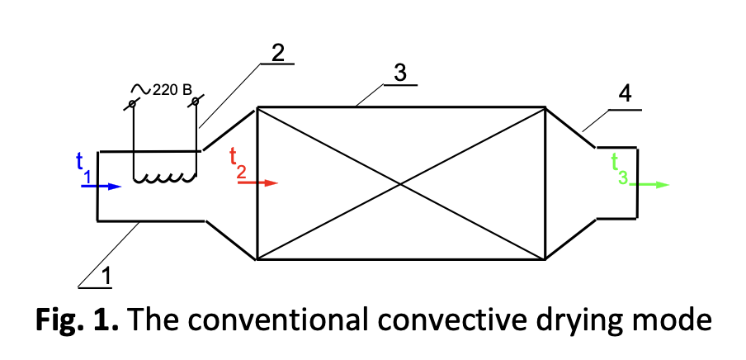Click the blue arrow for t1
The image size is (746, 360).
pos(101,187)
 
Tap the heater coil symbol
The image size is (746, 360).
pos(165,176)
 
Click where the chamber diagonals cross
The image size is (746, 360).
pos(401,183)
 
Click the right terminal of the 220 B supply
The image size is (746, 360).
pos(196,102)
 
